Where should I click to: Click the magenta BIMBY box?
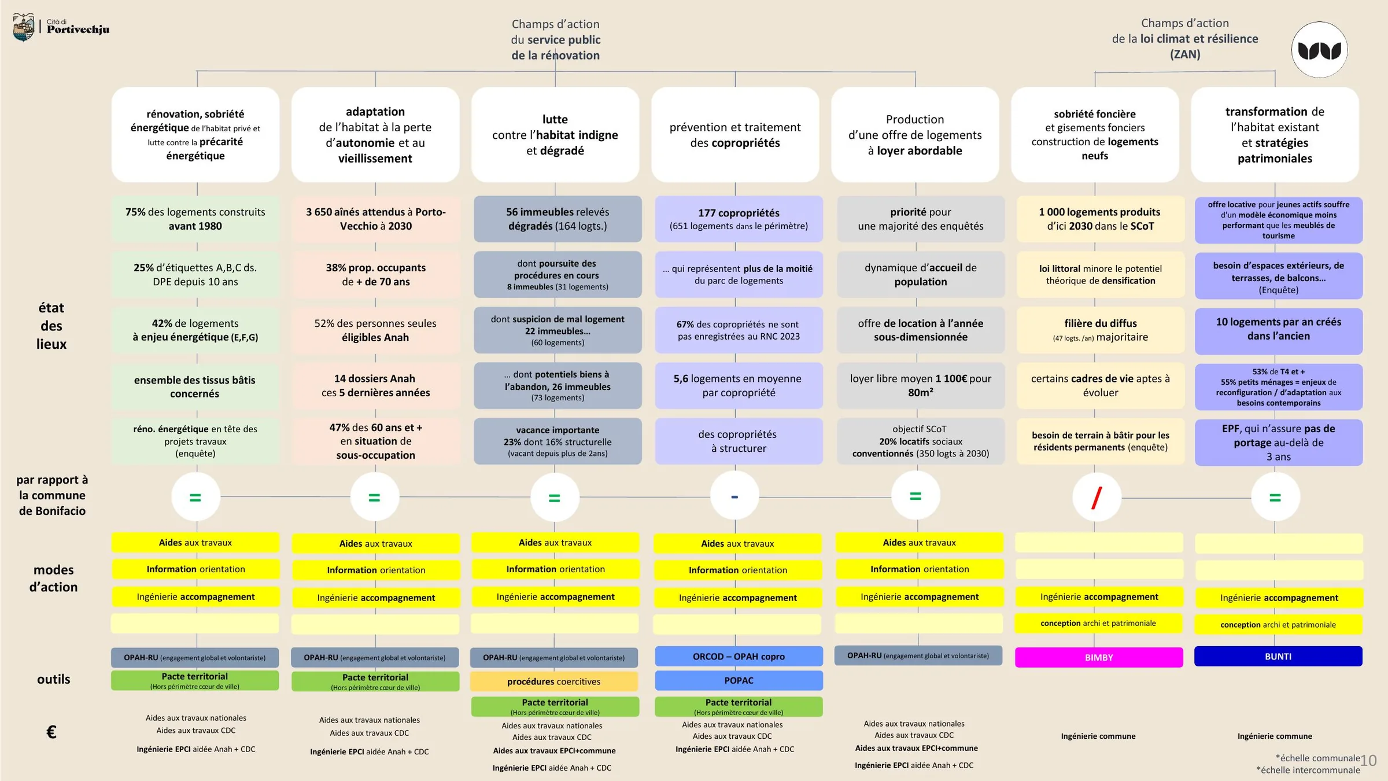coord(1099,657)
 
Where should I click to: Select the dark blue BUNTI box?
coord(1278,657)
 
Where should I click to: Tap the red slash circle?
coord(1097,497)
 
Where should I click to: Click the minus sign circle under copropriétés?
coord(734,496)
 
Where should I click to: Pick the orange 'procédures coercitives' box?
coord(554,681)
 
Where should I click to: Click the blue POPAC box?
coord(739,680)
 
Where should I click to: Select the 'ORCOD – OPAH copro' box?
coord(739,657)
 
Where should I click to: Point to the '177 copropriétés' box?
coord(739,219)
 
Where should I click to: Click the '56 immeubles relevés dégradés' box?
coord(558,219)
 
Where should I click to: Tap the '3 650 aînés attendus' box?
coord(376,219)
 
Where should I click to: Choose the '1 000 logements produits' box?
coord(1101,219)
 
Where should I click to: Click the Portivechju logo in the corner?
coord(61,27)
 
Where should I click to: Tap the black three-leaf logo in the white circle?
coord(1320,50)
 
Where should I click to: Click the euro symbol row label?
coord(51,732)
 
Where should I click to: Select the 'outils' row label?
coord(54,679)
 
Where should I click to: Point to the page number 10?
coord(1368,760)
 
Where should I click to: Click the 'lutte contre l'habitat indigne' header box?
coord(555,135)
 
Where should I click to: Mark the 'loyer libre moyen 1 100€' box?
coord(921,385)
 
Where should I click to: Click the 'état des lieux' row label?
coord(51,326)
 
